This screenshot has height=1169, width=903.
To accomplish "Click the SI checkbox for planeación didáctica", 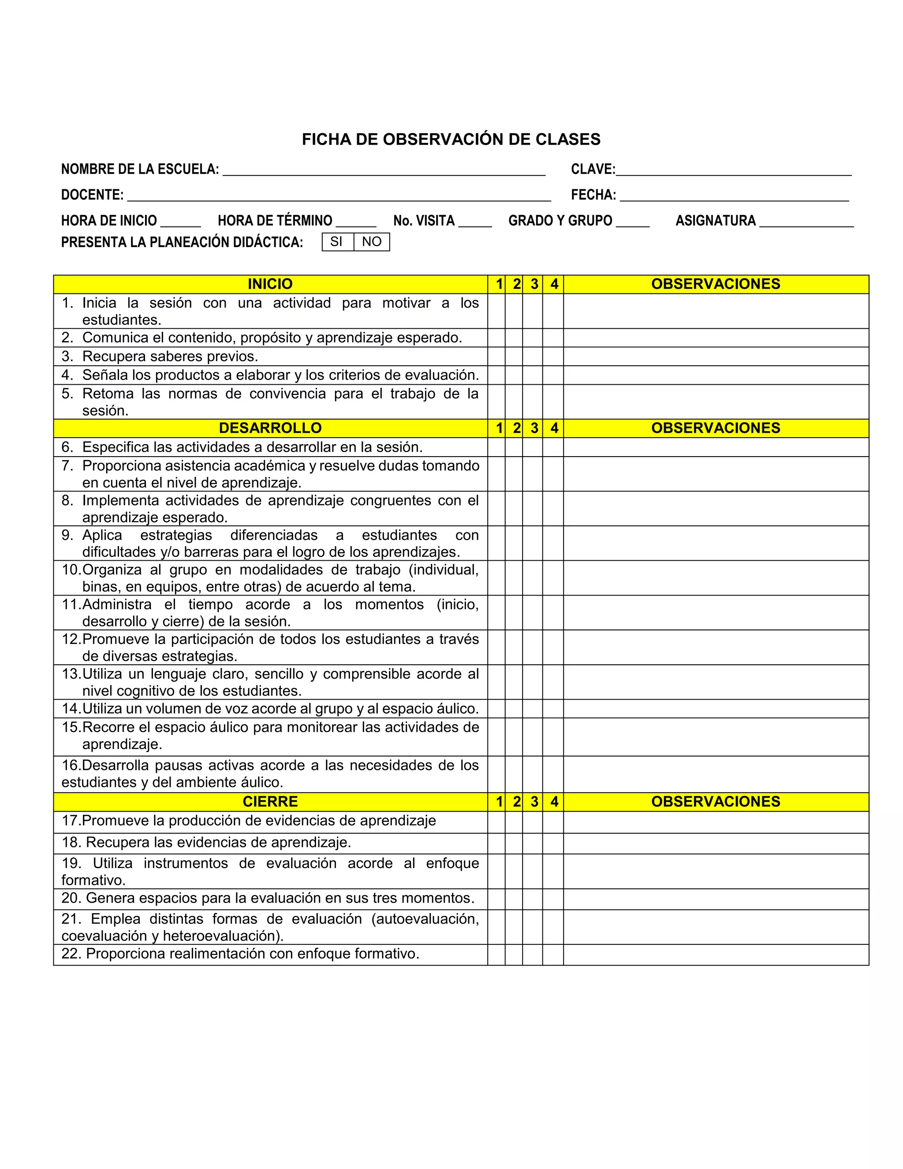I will point(336,242).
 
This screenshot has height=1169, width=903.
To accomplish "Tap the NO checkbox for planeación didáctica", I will point(371,242).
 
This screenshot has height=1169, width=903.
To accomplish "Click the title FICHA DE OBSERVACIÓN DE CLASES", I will point(451,139).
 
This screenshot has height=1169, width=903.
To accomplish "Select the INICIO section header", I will point(270,284).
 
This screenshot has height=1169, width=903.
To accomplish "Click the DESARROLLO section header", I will point(270,428).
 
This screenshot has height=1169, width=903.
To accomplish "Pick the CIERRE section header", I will point(270,802).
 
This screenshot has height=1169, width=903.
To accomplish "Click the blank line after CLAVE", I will point(733,170).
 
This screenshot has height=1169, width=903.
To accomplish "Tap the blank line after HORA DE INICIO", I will point(180,221).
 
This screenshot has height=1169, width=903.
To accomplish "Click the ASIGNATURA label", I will point(715,221).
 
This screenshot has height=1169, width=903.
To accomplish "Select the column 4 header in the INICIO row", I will point(554,284).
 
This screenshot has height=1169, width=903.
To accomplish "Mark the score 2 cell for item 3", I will point(514,356).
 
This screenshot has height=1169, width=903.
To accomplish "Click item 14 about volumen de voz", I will point(270,709).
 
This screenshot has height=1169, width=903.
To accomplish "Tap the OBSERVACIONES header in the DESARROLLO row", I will point(715,428).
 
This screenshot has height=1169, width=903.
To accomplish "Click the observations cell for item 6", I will point(715,447).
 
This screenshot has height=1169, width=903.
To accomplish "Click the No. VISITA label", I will point(424,221).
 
